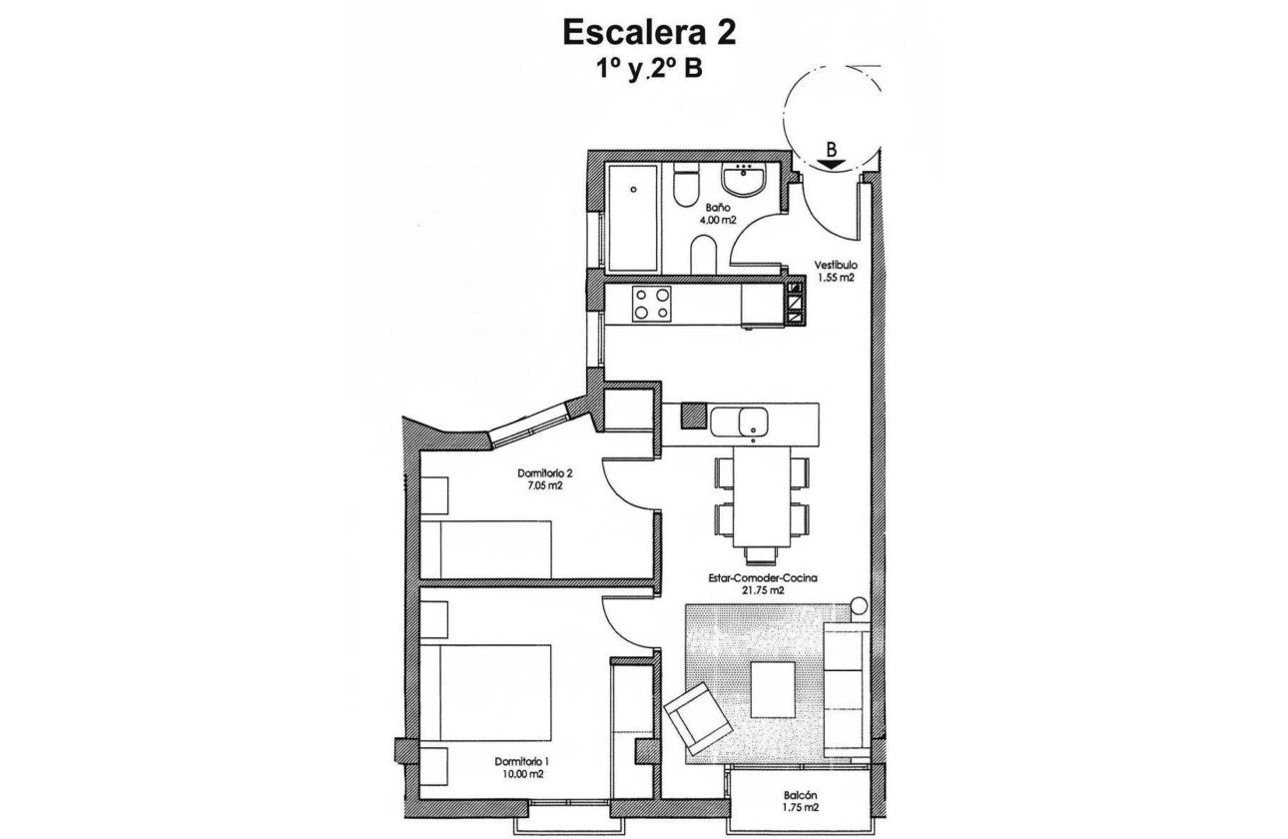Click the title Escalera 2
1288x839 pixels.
[650, 32]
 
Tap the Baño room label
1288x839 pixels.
[711, 208]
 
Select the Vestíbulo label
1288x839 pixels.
[834, 266]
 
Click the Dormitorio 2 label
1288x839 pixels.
[545, 472]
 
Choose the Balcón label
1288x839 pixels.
[803, 795]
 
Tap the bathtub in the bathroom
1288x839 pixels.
[633, 218]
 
